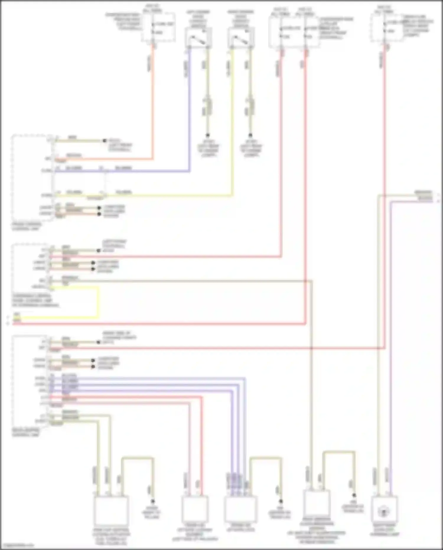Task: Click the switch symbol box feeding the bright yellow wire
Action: (x=241, y=38)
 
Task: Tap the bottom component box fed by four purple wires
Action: (x=240, y=509)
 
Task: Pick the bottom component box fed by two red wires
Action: (x=194, y=509)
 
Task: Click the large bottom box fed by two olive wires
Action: (x=111, y=510)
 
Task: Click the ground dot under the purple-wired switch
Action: (x=208, y=135)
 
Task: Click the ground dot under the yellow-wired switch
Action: (x=250, y=135)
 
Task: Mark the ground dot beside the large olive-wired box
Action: (x=153, y=502)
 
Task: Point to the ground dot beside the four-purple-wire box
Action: (x=281, y=502)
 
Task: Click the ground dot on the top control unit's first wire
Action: (x=104, y=141)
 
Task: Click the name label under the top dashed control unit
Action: (x=27, y=227)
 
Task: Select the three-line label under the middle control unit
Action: (x=35, y=300)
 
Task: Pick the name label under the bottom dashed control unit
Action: (x=26, y=433)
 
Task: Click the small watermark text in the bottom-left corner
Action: (x=17, y=545)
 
